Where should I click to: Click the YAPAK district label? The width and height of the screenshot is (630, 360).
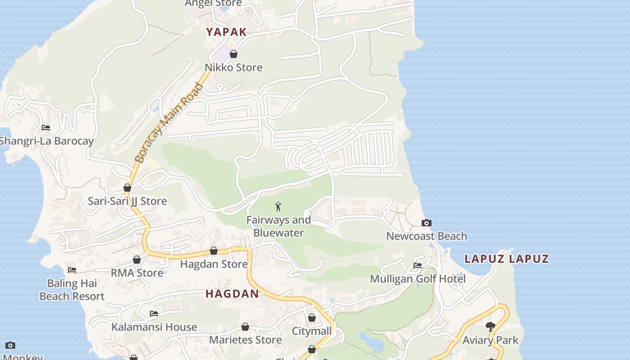coord(226,32)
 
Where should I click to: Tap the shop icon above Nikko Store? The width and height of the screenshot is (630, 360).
coord(234,54)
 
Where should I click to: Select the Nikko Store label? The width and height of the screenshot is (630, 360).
coord(234,67)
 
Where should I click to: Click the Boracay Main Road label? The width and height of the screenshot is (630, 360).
coord(169,123)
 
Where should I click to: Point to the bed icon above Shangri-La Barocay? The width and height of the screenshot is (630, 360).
coord(46,128)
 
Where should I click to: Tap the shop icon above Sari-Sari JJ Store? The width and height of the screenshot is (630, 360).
coord(127,188)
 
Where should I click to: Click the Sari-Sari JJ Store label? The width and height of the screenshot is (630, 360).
coord(127,201)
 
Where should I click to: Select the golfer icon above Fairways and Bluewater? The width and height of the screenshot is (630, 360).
coord(278,207)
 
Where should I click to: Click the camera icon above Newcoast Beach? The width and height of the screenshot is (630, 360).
coord(426,223)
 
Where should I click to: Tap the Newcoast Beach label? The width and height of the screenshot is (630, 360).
coord(427,236)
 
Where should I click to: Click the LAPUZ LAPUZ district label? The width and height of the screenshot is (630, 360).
coord(507,259)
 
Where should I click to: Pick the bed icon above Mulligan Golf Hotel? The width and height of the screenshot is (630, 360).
coord(418,265)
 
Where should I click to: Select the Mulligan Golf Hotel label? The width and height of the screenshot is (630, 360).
coord(418,279)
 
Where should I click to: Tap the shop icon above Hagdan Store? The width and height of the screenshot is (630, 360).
coord(214,251)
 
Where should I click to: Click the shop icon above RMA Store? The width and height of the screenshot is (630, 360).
coord(137,260)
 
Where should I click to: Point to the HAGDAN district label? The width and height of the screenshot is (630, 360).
coord(232,294)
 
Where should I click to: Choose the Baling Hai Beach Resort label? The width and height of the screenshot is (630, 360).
coord(72,290)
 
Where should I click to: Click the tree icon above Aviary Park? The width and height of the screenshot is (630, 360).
coord(490,327)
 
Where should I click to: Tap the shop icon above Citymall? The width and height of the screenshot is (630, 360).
coord(312,318)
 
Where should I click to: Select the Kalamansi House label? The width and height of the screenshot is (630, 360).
coord(154,327)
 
